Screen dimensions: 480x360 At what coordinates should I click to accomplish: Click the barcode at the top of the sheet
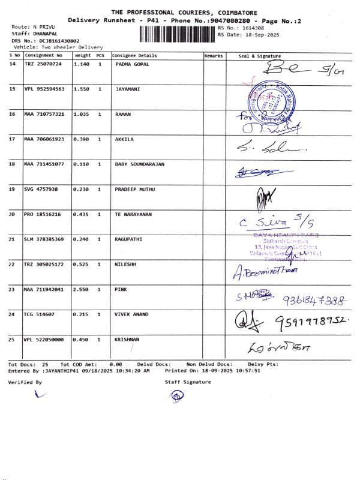pyautogui.click(x=177, y=32)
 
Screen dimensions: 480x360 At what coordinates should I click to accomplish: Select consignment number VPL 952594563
pyautogui.click(x=44, y=89)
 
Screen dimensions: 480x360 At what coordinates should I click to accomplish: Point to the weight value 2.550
pyautogui.click(x=81, y=290)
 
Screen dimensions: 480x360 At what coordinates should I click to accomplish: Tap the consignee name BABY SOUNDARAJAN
pyautogui.click(x=139, y=164)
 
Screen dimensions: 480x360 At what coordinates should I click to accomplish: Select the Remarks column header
pyautogui.click(x=214, y=55)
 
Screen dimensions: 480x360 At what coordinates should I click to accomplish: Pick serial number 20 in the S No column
pyautogui.click(x=12, y=214)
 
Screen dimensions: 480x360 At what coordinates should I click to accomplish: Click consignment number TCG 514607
pyautogui.click(x=40, y=314)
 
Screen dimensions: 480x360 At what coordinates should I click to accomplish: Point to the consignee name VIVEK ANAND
pyautogui.click(x=131, y=314)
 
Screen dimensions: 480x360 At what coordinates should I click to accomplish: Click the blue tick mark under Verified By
pyautogui.click(x=40, y=394)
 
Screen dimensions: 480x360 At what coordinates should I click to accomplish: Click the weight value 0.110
pyautogui.click(x=81, y=164)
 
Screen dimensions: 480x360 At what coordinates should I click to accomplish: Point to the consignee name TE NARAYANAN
pyautogui.click(x=133, y=214)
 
